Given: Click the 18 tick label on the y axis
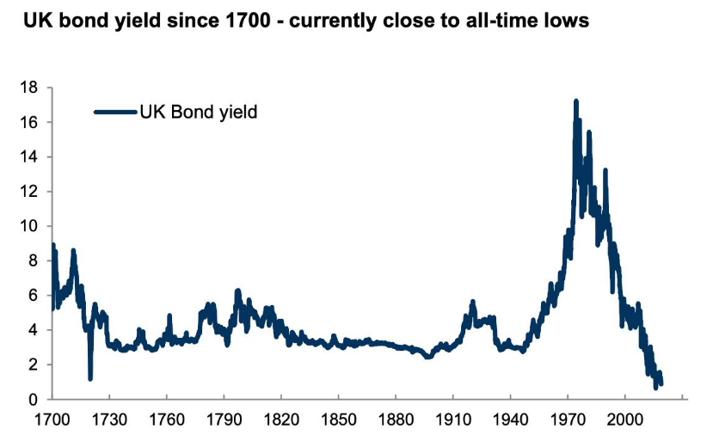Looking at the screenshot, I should (29, 88).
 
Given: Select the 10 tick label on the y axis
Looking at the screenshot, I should (29, 226).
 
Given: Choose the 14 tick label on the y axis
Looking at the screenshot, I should (29, 157).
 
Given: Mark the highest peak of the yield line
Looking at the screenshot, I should (575, 101).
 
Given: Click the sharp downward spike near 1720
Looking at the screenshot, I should (90, 377).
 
